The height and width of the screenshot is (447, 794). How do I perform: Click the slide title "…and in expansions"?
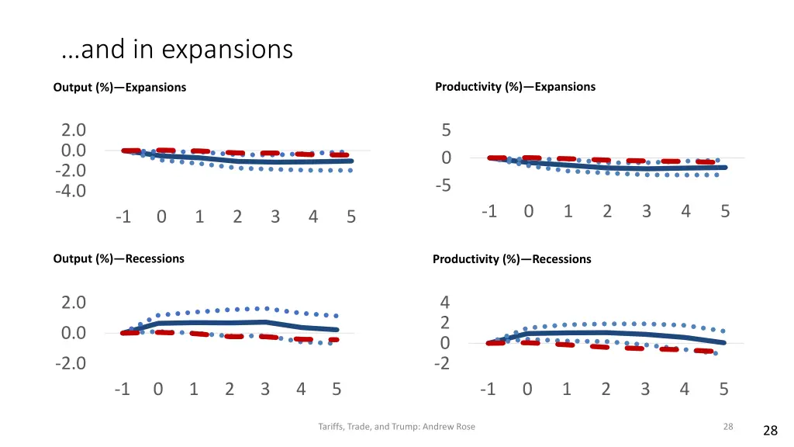[177, 50]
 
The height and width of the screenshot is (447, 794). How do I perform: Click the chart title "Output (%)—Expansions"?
[119, 88]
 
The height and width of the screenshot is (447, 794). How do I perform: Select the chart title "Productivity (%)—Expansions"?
[515, 87]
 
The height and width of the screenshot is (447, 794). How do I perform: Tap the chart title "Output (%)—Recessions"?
[119, 258]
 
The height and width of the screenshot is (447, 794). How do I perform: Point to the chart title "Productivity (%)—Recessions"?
[512, 259]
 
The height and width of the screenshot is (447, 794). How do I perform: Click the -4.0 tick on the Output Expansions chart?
[70, 190]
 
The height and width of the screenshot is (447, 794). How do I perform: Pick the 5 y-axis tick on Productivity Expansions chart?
[447, 130]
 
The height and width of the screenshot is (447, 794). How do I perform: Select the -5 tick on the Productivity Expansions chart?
[442, 186]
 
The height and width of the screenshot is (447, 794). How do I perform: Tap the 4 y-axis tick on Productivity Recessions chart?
[445, 303]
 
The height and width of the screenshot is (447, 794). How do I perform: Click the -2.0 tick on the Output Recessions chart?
[70, 363]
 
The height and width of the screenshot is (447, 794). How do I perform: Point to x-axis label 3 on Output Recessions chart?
[265, 389]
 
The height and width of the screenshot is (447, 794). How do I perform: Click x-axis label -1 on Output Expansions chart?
[123, 217]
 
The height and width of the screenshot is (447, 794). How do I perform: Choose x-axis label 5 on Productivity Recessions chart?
[723, 389]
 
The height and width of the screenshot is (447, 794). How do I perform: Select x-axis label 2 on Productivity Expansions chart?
[607, 211]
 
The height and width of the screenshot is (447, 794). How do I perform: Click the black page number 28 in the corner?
[770, 431]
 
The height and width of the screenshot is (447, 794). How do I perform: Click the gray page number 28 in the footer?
[727, 426]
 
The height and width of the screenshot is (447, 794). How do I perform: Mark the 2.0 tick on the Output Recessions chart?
[74, 303]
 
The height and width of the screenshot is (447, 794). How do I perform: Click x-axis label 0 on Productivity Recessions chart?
[527, 389]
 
